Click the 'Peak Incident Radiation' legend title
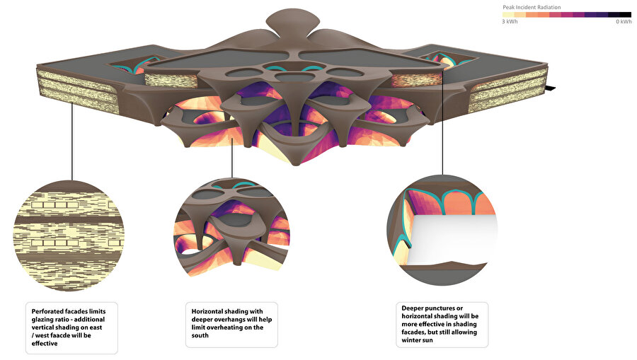pyautogui.click(x=532, y=7)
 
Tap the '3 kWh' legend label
pyautogui.click(x=510, y=21)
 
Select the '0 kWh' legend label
pyautogui.click(x=624, y=21)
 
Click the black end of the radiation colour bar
pyautogui.click(x=626, y=15)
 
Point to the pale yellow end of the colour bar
pyautogui.click(x=508, y=15)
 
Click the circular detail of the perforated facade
pyautogui.click(x=69, y=236)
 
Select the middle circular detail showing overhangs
pyautogui.click(x=232, y=228)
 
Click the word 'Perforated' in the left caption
pyautogui.click(x=48, y=312)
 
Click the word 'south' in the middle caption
pyautogui.click(x=200, y=336)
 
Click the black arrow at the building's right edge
pyautogui.click(x=551, y=88)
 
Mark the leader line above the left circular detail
pyautogui.click(x=72, y=141)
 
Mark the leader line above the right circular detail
pyautogui.click(x=442, y=122)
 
